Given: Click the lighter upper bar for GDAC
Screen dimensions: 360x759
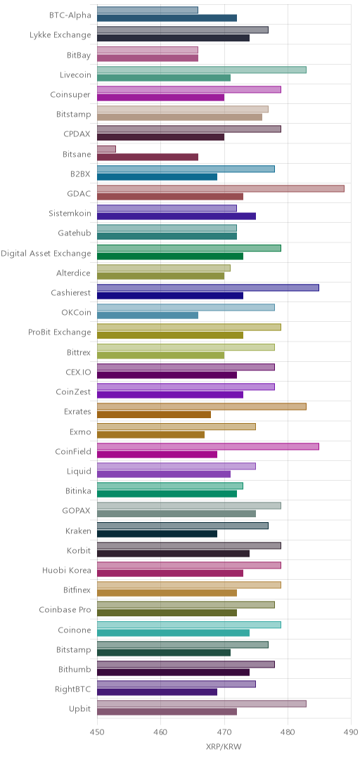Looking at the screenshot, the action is click(221, 188).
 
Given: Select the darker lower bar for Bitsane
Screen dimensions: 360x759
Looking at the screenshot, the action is click(148, 157).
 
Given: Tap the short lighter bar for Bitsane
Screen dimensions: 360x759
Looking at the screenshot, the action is click(107, 148).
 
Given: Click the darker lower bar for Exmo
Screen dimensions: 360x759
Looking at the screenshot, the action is click(150, 435).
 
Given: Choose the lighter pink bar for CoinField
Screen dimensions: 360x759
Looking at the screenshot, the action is click(208, 446).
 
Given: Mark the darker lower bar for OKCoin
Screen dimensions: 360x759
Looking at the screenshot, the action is click(148, 316).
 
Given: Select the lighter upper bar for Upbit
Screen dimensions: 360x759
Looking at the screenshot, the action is click(202, 703).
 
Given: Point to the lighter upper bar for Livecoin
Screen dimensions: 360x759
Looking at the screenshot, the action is click(202, 70).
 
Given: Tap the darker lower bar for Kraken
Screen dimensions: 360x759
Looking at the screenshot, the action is click(157, 534).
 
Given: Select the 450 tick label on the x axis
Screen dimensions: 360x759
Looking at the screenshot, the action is click(98, 732).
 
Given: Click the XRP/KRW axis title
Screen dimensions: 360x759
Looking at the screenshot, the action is click(224, 747).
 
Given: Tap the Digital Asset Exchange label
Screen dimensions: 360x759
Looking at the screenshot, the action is click(46, 253).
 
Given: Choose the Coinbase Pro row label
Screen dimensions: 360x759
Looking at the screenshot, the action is click(65, 610).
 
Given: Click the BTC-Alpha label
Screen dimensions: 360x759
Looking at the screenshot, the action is click(70, 15).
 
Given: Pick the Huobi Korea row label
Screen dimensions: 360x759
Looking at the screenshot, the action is click(67, 570).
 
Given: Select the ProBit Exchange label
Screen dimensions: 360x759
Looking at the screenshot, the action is click(60, 332).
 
